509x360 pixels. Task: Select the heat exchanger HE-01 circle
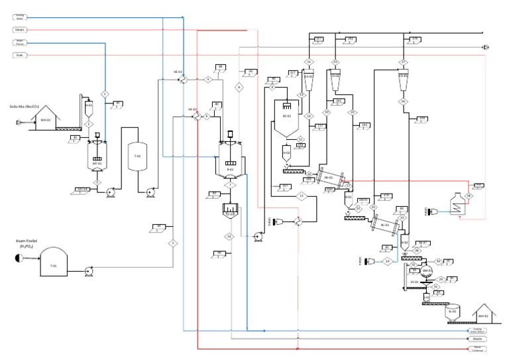184,80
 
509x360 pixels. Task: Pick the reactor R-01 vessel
231,162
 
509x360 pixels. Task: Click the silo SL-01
453,313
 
